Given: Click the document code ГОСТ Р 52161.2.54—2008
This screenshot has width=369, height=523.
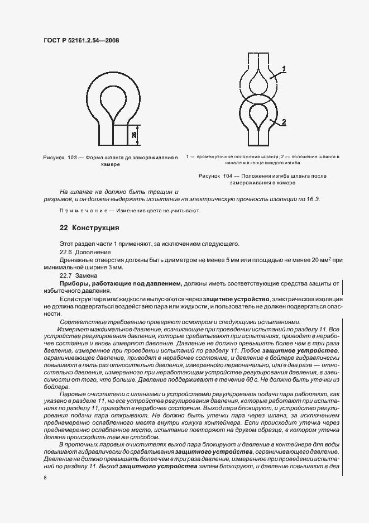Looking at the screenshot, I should tap(82, 40).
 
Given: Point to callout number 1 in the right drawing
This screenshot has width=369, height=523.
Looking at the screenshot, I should tap(284, 69).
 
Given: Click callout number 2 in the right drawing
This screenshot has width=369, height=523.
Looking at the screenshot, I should tap(284, 121).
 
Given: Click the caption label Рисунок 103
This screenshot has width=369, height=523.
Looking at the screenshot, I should tap(61, 159).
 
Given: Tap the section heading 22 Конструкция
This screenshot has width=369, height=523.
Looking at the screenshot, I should tap(89, 228).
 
